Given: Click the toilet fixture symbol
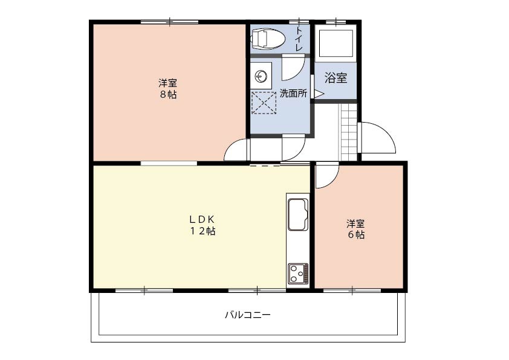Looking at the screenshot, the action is [x=268, y=38].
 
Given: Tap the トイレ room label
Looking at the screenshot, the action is [x=299, y=38].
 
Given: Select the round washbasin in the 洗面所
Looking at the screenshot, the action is [x=262, y=77].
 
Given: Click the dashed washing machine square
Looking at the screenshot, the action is [x=264, y=103].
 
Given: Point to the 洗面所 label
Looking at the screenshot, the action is [x=293, y=94].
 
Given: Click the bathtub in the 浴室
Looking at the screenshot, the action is [x=336, y=43].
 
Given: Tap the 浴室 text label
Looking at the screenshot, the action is [x=336, y=78].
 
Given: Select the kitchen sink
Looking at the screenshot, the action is [x=298, y=214].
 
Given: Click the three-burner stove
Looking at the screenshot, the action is [x=298, y=273].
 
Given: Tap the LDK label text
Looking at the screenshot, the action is [x=201, y=220].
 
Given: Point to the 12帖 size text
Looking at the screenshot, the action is [x=203, y=231].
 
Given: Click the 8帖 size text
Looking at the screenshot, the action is [x=168, y=95].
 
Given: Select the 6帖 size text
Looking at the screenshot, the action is [x=356, y=234].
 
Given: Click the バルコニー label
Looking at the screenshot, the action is [x=248, y=315].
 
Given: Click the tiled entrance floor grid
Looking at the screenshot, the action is [x=348, y=132].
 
